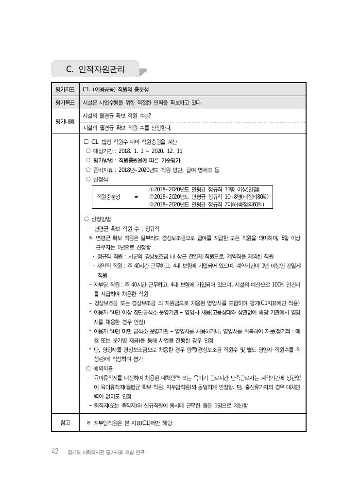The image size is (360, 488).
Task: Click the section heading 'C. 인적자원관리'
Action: (x=95, y=69)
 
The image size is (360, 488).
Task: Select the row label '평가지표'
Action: (x=65, y=90)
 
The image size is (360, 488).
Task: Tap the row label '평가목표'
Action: (x=65, y=102)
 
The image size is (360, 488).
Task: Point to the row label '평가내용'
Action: (x=65, y=121)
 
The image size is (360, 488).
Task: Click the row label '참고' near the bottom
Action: (x=65, y=423)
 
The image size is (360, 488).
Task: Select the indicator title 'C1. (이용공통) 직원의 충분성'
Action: (x=116, y=90)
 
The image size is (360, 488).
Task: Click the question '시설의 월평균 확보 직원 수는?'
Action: (x=117, y=116)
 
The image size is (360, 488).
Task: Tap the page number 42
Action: (x=55, y=452)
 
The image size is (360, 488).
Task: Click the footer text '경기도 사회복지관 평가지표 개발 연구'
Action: (x=106, y=453)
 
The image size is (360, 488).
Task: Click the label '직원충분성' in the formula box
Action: (x=109, y=197)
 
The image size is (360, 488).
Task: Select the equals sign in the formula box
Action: (x=136, y=197)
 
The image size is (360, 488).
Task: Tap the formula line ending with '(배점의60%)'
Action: (x=206, y=204)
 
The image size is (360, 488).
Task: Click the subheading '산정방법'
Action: (x=101, y=219)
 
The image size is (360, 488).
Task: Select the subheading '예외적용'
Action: (x=101, y=369)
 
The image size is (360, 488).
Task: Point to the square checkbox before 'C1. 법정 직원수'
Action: (x=86, y=142)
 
